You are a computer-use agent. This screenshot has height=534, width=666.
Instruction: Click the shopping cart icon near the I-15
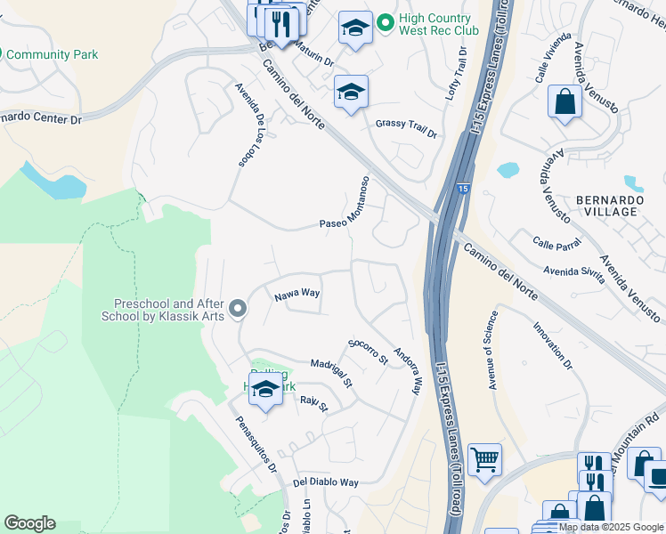pos(484,460)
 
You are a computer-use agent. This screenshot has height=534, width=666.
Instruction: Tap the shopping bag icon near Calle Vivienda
pos(564,102)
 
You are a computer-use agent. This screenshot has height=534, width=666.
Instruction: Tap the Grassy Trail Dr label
pos(406,129)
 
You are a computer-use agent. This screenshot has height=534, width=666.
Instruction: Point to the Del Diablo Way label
pos(325,482)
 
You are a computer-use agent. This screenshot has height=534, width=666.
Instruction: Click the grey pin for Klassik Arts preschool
pos(237,309)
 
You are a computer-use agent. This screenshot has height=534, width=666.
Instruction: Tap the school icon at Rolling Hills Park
pos(264,389)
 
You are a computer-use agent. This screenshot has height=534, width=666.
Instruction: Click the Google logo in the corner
pos(29,523)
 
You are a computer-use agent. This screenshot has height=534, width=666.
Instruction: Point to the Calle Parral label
pos(557,241)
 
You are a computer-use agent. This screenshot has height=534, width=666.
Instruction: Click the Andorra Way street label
pos(407,370)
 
